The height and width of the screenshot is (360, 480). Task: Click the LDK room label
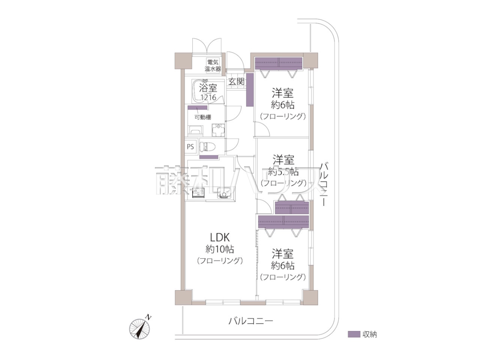click(x=219, y=237)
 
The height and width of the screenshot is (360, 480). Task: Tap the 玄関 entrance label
click(x=236, y=82)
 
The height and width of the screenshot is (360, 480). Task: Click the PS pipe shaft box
click(x=190, y=147)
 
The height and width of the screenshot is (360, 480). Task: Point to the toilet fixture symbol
click(x=207, y=147)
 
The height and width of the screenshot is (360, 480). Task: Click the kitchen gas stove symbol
click(x=198, y=193)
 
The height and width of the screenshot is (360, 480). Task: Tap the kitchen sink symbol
click(x=224, y=193)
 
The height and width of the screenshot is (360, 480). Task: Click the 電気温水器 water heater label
click(x=212, y=65)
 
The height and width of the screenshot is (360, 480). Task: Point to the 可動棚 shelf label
click(x=203, y=117)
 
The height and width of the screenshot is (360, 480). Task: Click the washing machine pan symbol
click(x=218, y=130)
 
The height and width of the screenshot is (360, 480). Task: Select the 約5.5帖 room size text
click(x=283, y=172)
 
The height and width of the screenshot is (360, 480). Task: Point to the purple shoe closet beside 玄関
click(x=250, y=90)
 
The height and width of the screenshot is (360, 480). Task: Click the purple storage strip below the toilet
click(x=209, y=157)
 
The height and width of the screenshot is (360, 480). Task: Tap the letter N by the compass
click(x=148, y=317)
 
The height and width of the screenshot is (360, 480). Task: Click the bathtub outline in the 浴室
click(x=208, y=91)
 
